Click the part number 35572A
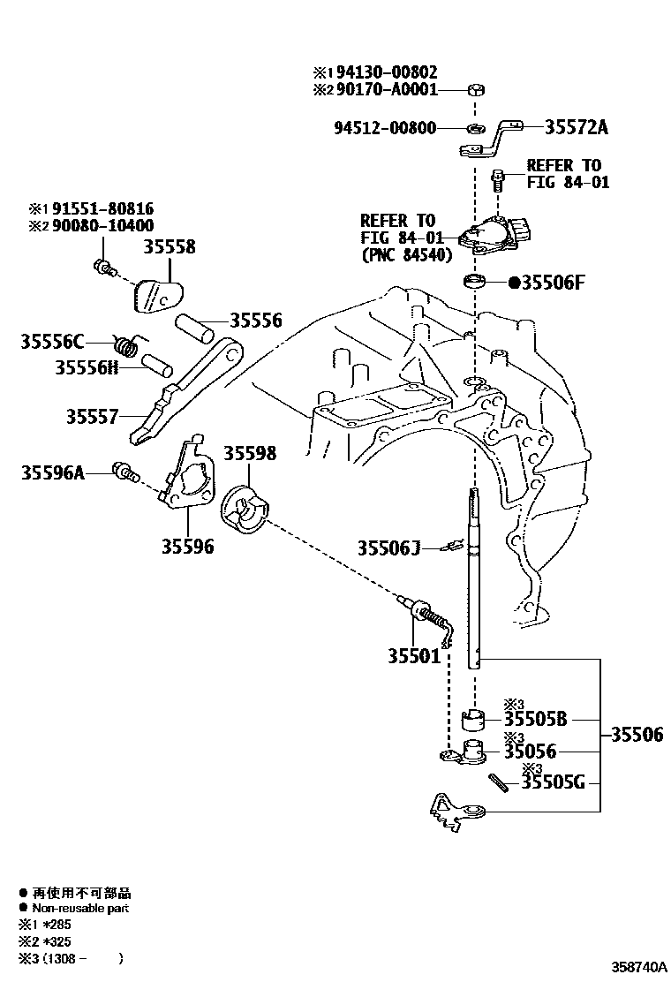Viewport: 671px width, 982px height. click(x=575, y=128)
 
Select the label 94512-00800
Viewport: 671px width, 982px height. click(x=385, y=128)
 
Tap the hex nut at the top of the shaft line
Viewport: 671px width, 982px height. click(x=474, y=89)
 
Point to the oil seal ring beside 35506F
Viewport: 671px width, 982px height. click(x=475, y=283)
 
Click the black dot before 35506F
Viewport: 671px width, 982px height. click(x=513, y=283)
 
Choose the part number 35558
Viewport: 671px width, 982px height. click(x=170, y=248)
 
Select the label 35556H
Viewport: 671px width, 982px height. click(x=87, y=366)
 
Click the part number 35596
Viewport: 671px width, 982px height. click(x=187, y=547)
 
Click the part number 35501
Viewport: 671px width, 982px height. click(x=414, y=656)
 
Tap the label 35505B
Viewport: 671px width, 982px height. click(x=536, y=719)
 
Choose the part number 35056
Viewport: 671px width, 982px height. click(x=531, y=752)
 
